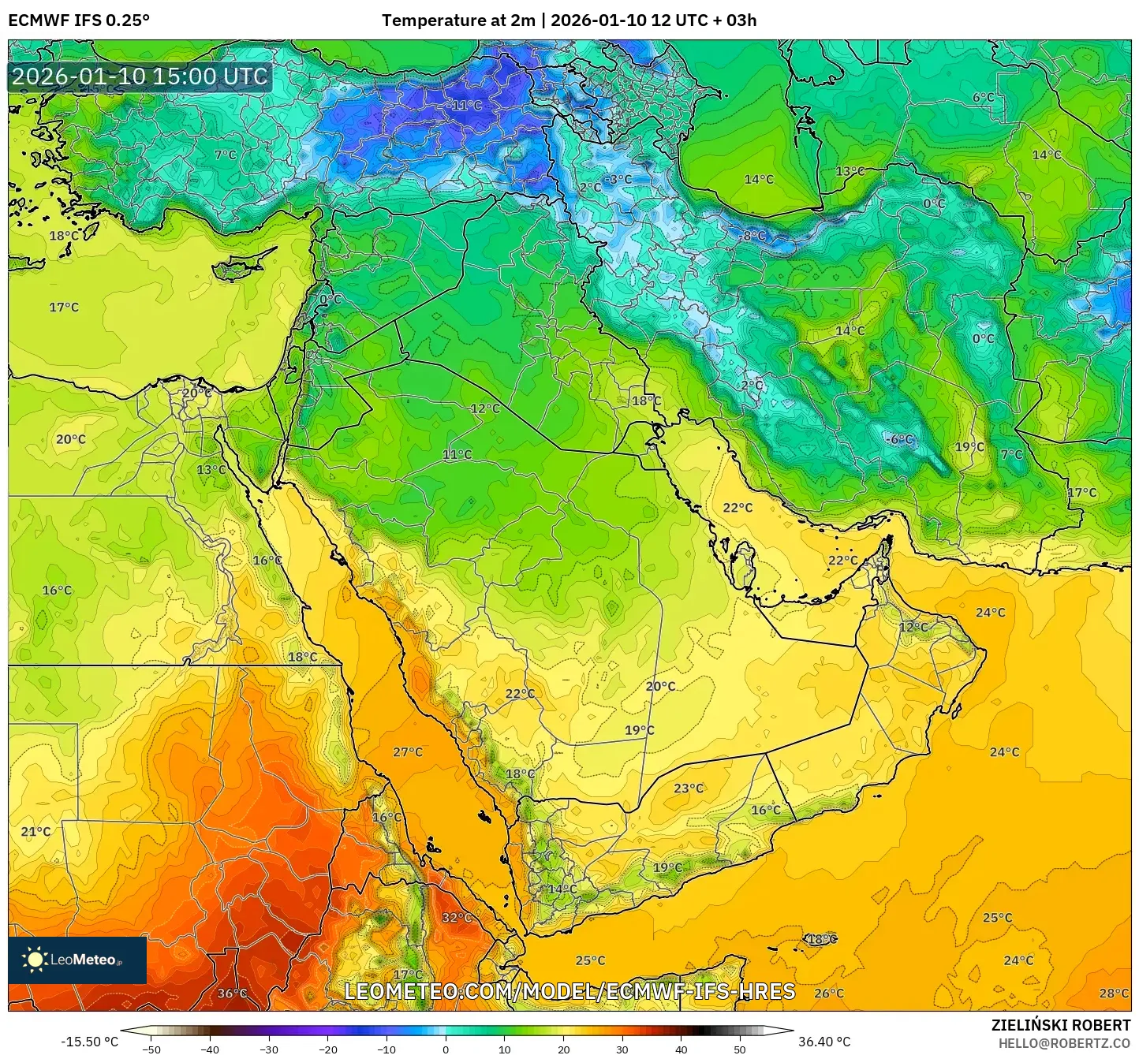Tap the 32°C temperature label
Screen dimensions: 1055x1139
pos(457,918)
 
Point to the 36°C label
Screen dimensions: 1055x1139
pos(232,993)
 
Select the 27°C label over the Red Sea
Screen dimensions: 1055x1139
pos(408,752)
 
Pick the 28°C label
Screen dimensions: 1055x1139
pos(1114,993)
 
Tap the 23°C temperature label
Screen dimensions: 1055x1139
pos(689,788)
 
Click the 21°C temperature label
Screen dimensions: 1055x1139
pos(35,832)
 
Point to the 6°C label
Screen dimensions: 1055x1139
pos(983,98)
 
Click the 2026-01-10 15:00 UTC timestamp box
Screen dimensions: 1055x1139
pos(140,77)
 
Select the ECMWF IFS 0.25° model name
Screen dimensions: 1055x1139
pos(79,21)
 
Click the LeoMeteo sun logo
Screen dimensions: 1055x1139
pos(35,960)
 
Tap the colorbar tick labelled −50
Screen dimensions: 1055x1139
pos(151,1049)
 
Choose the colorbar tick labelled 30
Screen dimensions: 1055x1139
pos(622,1049)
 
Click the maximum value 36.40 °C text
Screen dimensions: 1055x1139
pos(824,1042)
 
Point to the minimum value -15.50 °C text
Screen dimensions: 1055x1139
pos(89,1042)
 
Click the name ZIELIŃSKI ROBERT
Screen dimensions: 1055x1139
pos(1061,1025)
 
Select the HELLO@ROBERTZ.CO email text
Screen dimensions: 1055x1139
pos(1064,1043)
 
